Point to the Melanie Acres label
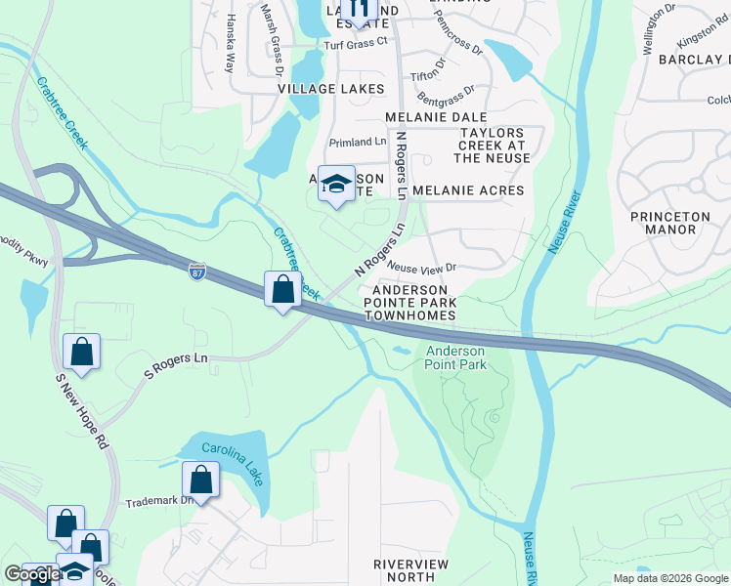point(468,190)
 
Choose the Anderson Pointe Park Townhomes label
point(409,303)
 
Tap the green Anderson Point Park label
point(454,357)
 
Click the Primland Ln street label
point(358,142)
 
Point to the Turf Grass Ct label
point(356,42)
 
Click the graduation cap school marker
point(336,186)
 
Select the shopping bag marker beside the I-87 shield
point(283,290)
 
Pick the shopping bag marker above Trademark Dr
point(200,480)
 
